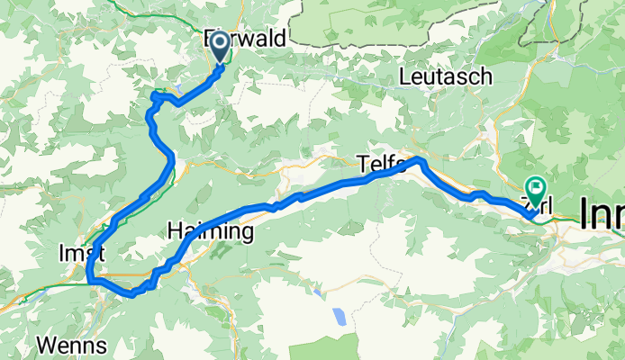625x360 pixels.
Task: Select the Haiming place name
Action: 211,232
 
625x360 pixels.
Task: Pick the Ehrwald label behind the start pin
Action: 245,39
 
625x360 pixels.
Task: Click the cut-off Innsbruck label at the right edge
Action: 601,212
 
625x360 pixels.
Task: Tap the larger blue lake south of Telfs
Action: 340,317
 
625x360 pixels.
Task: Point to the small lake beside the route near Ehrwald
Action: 178,87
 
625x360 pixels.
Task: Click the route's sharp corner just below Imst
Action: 91,281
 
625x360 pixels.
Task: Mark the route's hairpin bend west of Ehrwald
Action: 155,94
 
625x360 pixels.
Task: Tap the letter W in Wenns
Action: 47,345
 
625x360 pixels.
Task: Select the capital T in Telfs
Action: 362,164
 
